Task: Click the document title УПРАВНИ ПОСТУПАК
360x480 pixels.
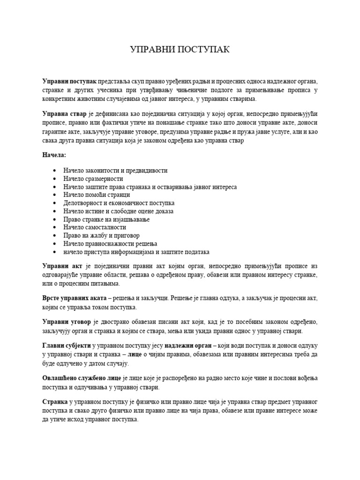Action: click(x=180, y=50)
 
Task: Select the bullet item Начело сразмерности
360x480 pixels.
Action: click(x=93, y=179)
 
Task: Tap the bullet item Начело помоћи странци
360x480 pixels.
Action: click(x=97, y=195)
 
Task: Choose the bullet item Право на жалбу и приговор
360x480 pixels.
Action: click(x=101, y=235)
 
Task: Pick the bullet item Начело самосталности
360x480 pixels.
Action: click(x=95, y=227)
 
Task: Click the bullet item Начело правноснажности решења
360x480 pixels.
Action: click(x=110, y=244)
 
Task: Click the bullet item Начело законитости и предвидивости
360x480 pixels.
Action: click(x=115, y=171)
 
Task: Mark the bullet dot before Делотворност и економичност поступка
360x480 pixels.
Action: click(x=56, y=203)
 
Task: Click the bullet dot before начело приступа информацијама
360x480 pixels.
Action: click(x=56, y=252)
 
